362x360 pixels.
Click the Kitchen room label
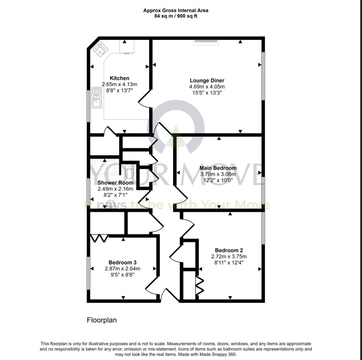click(x=119, y=78)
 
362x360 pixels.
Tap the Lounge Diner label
click(x=207, y=80)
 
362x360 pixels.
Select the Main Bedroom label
click(x=217, y=168)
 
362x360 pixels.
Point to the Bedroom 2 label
click(x=229, y=250)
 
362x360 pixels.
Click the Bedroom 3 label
click(x=123, y=263)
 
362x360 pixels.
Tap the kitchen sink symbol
click(x=95, y=102)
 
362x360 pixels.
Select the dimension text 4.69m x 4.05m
click(x=207, y=87)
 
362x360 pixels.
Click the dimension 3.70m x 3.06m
click(x=217, y=174)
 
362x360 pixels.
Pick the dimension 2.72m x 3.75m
click(x=229, y=257)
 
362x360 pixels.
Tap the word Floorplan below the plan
click(x=102, y=320)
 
